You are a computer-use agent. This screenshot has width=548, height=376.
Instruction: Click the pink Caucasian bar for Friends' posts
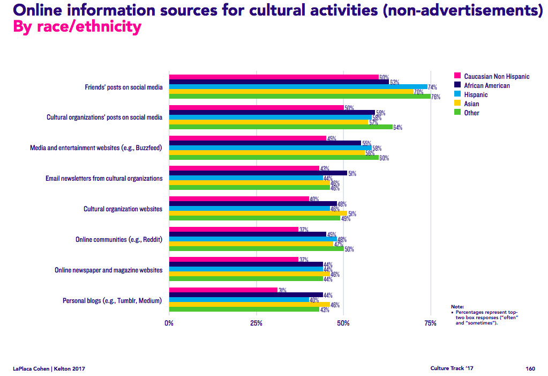tap(274, 77)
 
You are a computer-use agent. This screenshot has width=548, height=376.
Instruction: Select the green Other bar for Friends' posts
tap(300, 97)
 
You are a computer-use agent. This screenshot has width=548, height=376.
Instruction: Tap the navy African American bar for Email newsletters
tap(258, 173)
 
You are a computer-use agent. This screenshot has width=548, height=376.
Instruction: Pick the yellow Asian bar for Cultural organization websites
tap(258, 213)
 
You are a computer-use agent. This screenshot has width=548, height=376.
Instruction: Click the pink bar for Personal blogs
tap(223, 290)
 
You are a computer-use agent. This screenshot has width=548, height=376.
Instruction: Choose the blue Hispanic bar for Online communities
tap(253, 239)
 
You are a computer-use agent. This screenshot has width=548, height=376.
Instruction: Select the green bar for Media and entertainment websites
tap(274, 158)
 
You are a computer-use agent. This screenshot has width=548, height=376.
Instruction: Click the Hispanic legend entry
tap(476, 94)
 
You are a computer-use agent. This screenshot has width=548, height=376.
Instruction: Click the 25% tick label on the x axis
tap(256, 323)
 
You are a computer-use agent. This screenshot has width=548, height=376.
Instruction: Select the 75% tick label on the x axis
tap(430, 323)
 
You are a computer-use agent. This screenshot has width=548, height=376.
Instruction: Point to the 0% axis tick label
tap(169, 323)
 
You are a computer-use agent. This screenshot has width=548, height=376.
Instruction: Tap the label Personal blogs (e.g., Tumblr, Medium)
tap(112, 300)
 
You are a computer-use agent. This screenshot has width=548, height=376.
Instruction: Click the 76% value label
tap(436, 97)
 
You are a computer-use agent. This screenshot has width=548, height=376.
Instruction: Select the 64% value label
tap(397, 128)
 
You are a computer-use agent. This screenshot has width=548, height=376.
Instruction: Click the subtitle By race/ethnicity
tap(77, 27)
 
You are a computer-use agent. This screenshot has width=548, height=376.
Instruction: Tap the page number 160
tap(530, 368)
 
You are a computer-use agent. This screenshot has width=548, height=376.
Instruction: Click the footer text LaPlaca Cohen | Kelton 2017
tap(49, 368)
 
